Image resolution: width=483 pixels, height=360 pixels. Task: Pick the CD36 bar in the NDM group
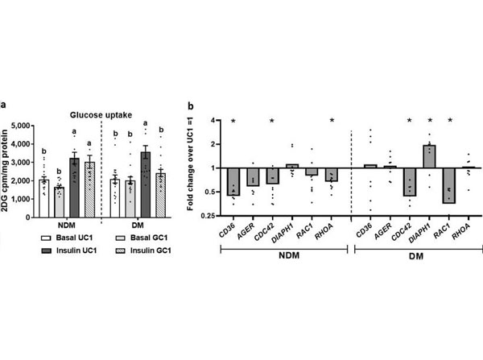point(233,181)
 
